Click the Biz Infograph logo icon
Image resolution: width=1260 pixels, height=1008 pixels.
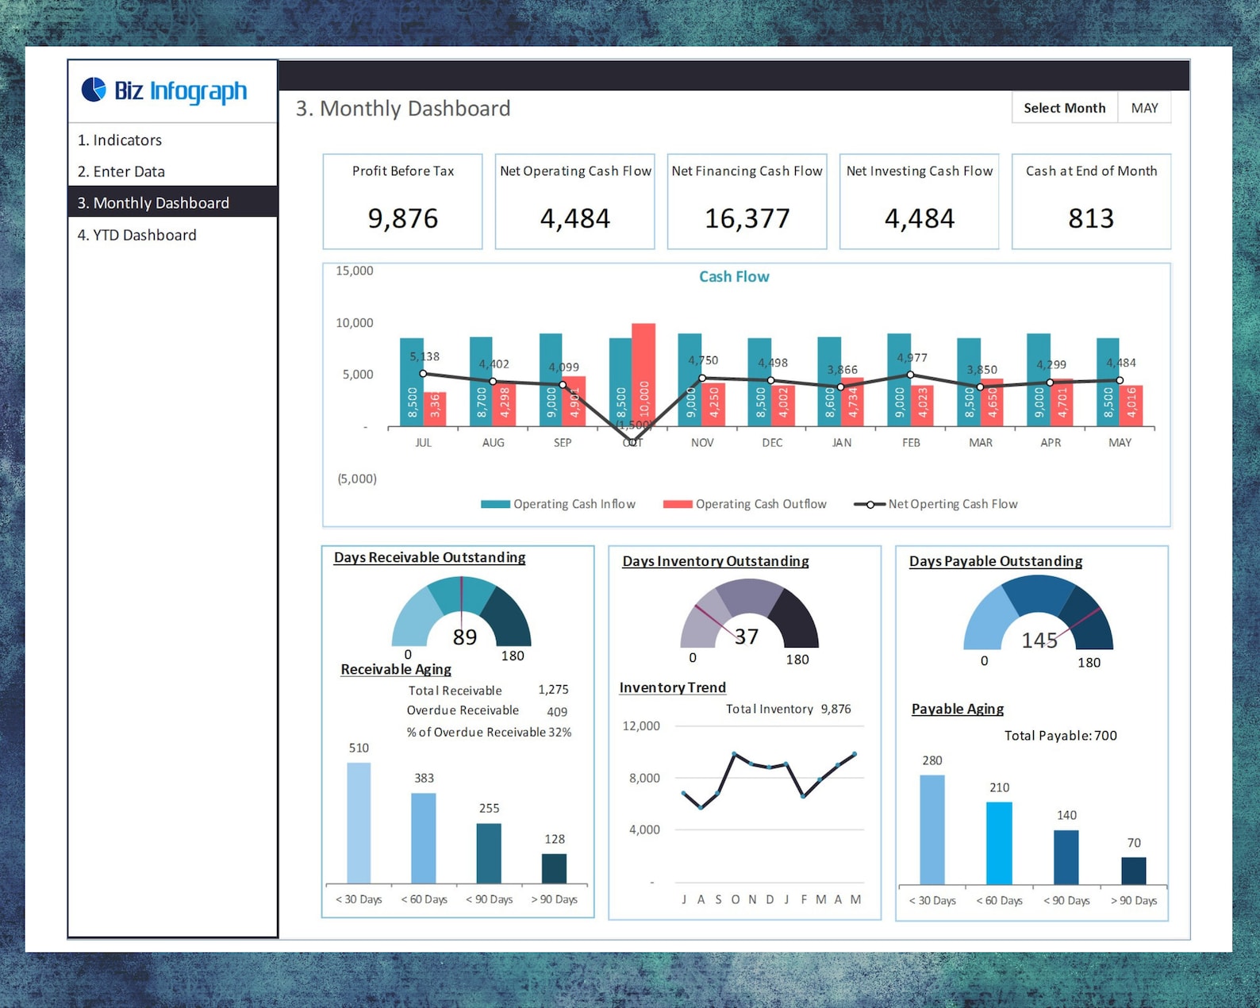(94, 90)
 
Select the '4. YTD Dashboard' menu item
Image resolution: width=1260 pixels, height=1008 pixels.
(136, 235)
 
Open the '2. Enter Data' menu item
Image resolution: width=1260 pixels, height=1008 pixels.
(121, 171)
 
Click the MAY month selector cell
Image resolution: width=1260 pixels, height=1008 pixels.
(1144, 108)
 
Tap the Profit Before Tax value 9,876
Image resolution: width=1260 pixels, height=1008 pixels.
(402, 218)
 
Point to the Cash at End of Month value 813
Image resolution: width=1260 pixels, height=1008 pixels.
(1090, 218)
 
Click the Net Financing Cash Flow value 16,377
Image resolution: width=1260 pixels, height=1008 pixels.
(747, 218)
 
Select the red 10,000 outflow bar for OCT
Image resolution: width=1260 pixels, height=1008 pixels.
(643, 373)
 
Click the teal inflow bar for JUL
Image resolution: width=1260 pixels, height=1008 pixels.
(411, 381)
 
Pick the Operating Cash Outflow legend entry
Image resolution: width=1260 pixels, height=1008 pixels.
(744, 504)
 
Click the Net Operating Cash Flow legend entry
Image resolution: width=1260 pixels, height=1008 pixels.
(935, 504)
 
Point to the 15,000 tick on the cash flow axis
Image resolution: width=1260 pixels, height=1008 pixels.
(354, 271)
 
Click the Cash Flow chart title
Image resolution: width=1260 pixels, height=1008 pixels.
(733, 276)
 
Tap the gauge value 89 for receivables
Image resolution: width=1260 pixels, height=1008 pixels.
(464, 637)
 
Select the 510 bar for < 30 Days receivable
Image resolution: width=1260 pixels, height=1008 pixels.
(359, 822)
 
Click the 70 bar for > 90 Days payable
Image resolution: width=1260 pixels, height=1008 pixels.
(1133, 870)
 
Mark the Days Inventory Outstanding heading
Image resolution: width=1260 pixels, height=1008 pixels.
(715, 561)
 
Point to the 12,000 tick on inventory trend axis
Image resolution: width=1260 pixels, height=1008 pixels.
(640, 725)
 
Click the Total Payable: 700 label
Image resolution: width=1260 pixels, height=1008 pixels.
(1060, 736)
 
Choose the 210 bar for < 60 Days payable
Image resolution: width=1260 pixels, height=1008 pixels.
(999, 842)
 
